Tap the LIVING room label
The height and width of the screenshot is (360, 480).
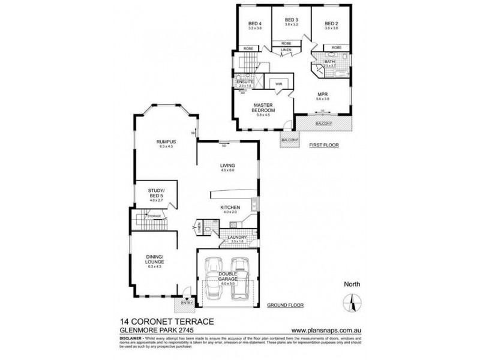pyautogui.click(x=227, y=165)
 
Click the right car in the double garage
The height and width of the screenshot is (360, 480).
pyautogui.click(x=241, y=277)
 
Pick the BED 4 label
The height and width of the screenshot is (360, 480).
pyautogui.click(x=256, y=25)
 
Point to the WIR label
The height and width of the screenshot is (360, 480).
pyautogui.click(x=279, y=85)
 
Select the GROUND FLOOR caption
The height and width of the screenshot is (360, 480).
pyautogui.click(x=285, y=305)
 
